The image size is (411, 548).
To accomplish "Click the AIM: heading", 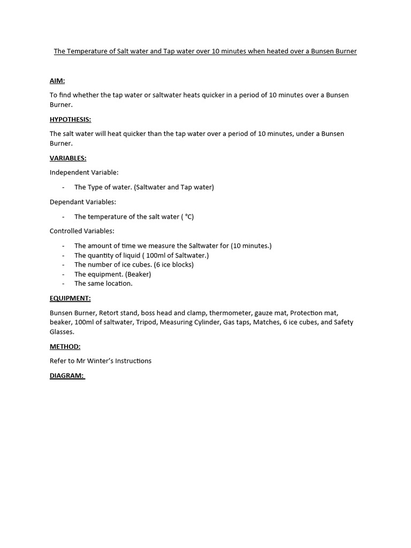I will click(57, 81).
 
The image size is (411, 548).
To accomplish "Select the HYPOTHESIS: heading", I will click(70, 119).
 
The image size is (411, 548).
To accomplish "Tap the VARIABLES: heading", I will click(68, 158).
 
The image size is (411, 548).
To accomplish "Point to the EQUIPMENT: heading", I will click(70, 298).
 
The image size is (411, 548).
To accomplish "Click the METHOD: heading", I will click(65, 346).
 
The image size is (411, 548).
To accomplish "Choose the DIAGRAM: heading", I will click(67, 375).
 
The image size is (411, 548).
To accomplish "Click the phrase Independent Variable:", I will click(84, 172).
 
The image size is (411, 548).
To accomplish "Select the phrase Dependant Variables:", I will click(83, 202).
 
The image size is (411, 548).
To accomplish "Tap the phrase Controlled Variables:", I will click(82, 231).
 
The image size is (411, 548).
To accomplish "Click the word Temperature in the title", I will click(90, 51).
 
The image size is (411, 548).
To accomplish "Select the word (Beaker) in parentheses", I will click(138, 274).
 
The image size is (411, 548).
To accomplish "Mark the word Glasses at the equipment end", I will click(62, 332).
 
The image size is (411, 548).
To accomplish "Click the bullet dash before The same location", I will click(63, 284).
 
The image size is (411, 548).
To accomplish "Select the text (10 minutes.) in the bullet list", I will click(251, 246).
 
